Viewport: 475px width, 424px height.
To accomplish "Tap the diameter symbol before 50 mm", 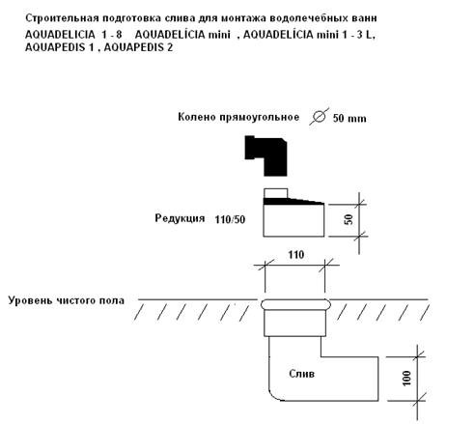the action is coord(319,116).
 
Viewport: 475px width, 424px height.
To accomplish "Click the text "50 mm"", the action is coord(349,118).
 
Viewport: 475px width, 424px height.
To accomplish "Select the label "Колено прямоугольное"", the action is coord(238,117).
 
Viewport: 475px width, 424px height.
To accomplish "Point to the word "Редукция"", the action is coord(180,218).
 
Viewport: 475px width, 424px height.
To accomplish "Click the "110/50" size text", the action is coord(230,219).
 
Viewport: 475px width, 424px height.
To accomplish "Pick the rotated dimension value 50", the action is coord(349,219).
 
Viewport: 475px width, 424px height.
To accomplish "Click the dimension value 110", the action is coord(296,255).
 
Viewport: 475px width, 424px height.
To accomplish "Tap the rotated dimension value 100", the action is coord(406,378).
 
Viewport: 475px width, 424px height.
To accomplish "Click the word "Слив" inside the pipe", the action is coord(301,374).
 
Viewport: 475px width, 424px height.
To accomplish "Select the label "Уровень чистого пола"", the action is coord(67,300).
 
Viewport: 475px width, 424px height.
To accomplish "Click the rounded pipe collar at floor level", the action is coord(295,304).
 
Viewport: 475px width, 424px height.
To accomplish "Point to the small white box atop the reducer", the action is coord(275,193).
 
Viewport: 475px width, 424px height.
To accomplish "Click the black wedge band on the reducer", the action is coord(293,202).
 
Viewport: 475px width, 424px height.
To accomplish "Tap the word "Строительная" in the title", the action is coord(62,18).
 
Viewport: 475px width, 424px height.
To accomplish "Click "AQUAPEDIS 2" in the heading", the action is coord(138,47).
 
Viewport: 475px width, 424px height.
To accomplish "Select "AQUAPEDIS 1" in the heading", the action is coord(60,47).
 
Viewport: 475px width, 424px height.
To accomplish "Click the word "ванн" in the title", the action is coord(364,18).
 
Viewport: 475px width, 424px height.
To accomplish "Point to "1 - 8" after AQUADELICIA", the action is coord(112,34).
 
